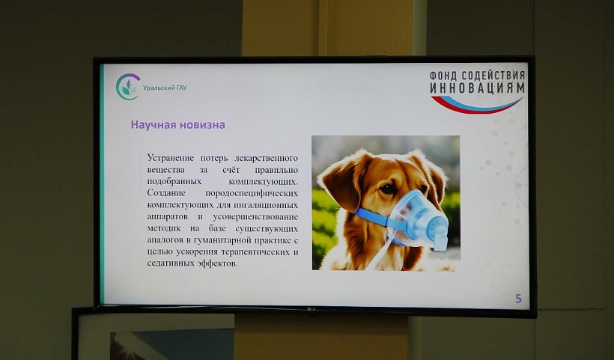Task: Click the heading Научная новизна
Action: click(177, 125)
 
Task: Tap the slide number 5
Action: click(518, 299)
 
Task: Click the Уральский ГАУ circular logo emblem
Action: click(128, 87)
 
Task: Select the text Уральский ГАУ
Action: click(165, 88)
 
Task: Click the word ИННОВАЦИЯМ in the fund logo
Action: click(477, 88)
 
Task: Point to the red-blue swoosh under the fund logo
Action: click(477, 105)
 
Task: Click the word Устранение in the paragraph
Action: click(170, 158)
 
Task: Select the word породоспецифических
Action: click(252, 193)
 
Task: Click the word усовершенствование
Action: click(255, 217)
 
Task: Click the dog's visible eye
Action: click(388, 189)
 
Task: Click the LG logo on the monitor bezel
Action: click(311, 310)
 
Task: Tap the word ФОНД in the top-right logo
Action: click(443, 76)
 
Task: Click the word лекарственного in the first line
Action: click(266, 158)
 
